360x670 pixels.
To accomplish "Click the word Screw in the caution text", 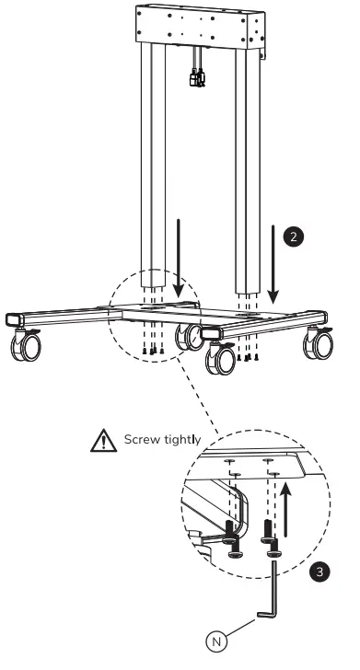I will coord(141,440).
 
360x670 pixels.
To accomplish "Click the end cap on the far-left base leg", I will coord(11,320).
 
